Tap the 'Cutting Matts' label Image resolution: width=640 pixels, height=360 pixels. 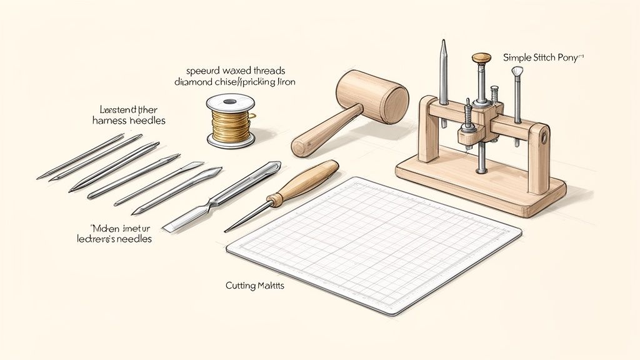coord(254,286)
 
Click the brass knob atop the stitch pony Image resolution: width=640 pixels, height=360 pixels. coord(481,58)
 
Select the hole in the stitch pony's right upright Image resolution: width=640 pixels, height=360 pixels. coord(545,136)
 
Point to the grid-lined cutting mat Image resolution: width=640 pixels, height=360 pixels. coord(375,244)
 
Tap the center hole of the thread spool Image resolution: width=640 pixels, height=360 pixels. coord(230,100)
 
